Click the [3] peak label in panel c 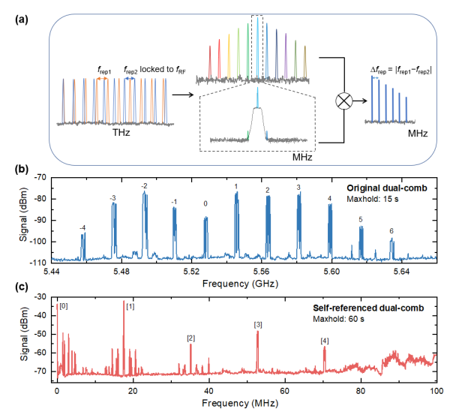pos(258,324)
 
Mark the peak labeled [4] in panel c pos(324,341)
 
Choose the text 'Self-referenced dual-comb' pos(367,308)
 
